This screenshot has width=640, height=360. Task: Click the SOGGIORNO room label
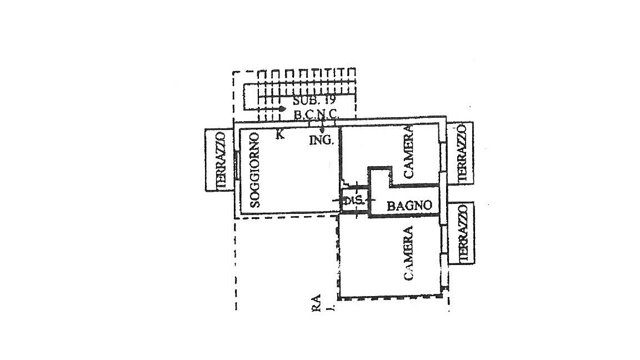[255, 169]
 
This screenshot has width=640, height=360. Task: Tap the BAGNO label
[409, 206]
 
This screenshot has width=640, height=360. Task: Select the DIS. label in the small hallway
[352, 201]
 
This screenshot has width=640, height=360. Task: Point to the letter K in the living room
[280, 134]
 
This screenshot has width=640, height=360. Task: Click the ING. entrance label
[322, 141]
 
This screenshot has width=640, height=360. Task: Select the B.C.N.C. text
[316, 114]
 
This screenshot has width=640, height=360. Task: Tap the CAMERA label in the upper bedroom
[409, 151]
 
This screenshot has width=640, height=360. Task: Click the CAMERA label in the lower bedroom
[409, 253]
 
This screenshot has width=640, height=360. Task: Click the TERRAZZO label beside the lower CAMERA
[462, 233]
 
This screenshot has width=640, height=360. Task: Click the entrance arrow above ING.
[322, 129]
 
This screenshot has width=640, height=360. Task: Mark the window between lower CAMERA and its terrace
[443, 241]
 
